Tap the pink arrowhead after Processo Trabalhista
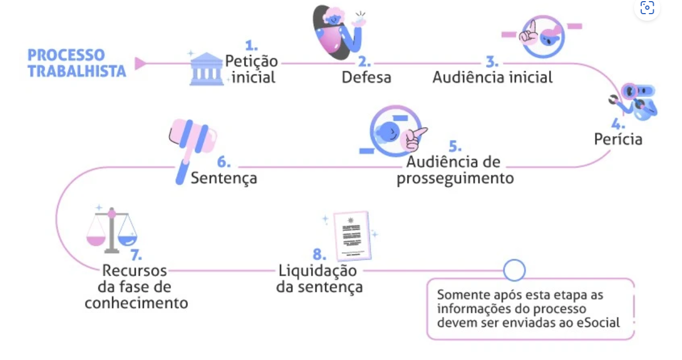140,64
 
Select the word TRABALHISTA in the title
77,71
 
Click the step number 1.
251,45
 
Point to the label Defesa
366,77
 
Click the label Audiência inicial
492,77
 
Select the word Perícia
618,139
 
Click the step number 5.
455,147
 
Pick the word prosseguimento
455,179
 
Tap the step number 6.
224,162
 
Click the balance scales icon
112,229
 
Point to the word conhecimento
136,303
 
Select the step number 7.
136,255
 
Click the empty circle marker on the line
514,270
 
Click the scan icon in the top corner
647,8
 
